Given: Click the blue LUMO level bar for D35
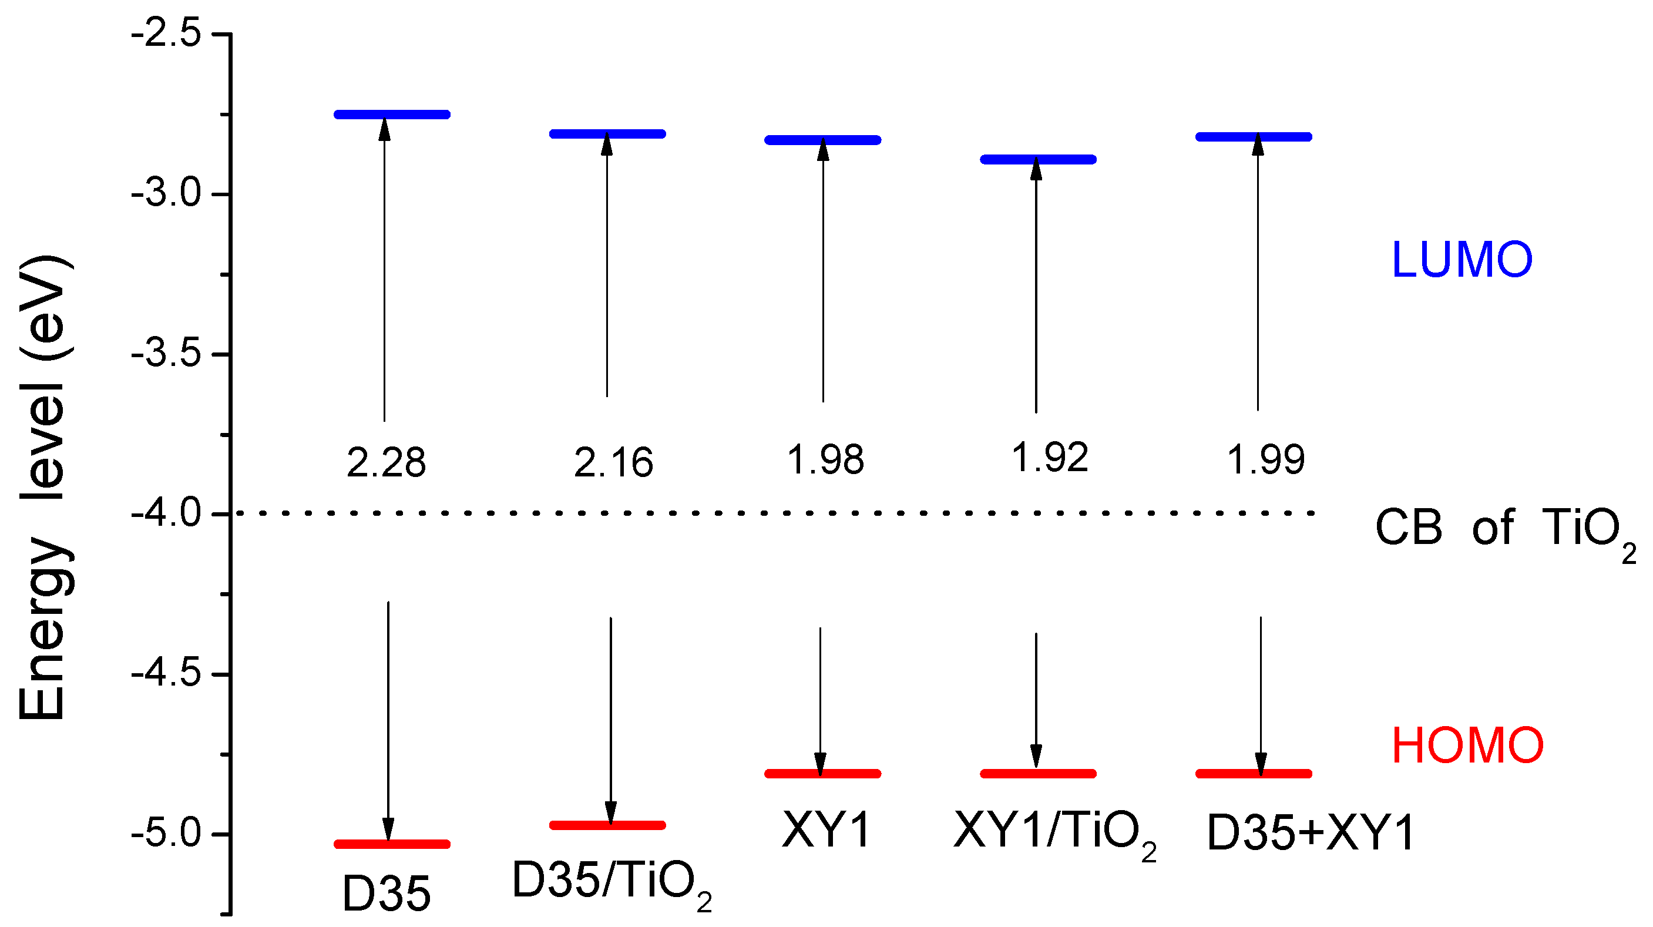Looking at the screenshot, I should pos(392,115).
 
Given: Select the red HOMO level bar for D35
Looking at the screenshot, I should pos(392,844).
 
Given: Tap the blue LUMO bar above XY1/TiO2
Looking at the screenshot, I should pos(1037,160).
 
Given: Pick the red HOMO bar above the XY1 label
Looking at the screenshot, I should pos(822,774).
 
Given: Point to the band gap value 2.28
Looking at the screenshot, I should pos(387,462).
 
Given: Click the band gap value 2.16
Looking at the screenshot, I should pos(613,462).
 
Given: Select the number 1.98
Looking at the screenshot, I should pos(826,459).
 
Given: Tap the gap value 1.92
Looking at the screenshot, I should pos(1050,458).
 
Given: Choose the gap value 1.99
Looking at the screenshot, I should pos(1265,459).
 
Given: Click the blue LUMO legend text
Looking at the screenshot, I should pos(1462,260).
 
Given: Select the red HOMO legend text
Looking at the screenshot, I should pos(1467,745).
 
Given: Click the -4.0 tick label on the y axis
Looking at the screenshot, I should pos(167,514).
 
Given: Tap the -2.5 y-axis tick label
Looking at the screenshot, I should pos(167,33).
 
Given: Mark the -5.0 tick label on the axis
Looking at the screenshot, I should pos(167,834).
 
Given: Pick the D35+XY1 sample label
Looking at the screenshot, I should pos(1311,834).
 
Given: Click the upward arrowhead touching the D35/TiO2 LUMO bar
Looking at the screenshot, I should pos(606,145).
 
